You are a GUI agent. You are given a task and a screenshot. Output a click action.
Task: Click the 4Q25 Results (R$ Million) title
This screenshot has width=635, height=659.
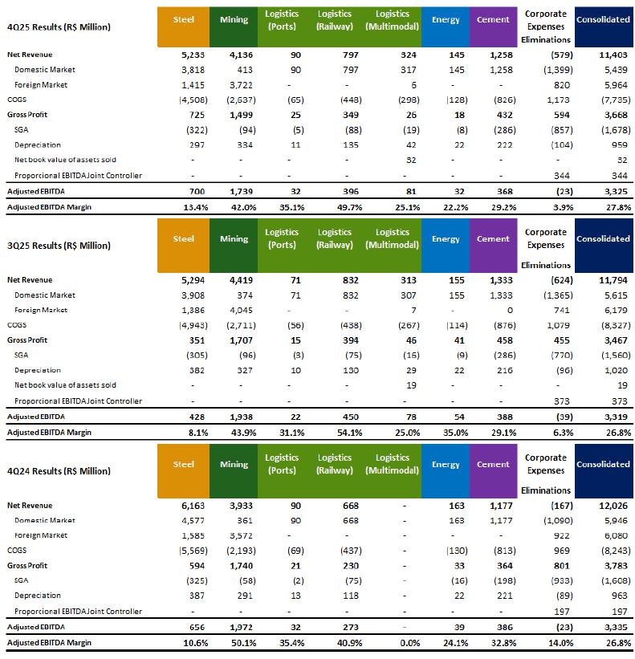(x=59, y=26)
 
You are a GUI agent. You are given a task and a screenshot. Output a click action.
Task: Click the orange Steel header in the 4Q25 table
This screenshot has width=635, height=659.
(x=184, y=20)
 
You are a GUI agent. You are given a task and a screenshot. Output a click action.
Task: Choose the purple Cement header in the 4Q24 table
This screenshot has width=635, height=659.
(x=493, y=465)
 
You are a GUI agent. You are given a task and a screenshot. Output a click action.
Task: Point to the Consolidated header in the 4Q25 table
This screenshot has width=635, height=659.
(x=603, y=20)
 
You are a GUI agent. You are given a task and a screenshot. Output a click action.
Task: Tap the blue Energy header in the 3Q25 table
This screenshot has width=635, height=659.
(x=446, y=239)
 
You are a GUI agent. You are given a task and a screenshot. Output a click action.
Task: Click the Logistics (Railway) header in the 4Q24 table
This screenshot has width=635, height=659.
(x=336, y=465)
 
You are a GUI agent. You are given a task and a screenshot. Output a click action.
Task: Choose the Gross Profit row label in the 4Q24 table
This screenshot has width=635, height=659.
(x=29, y=565)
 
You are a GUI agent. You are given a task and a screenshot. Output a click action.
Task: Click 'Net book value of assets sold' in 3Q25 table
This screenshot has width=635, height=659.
(x=65, y=385)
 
